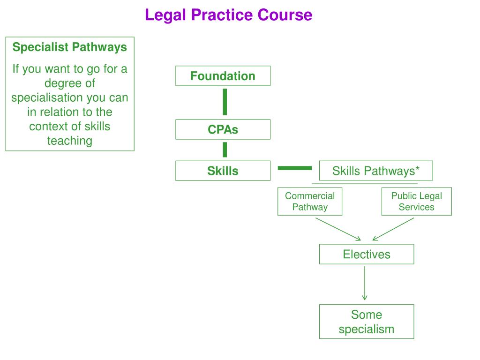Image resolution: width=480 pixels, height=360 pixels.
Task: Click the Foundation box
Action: pos(223,76)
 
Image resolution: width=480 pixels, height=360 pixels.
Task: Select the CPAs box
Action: pos(223,129)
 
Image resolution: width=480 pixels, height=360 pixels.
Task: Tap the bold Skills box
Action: pos(223,171)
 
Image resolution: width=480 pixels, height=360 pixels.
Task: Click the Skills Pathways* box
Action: pos(375,171)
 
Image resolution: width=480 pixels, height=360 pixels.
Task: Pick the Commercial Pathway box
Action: pos(310,202)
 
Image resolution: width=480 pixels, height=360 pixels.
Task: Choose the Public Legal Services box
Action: pos(416,202)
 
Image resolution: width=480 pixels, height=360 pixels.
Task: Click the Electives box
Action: pos(366,254)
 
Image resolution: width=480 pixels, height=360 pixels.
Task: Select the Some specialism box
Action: pos(366,322)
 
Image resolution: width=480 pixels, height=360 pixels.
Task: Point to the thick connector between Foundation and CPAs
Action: pos(225,102)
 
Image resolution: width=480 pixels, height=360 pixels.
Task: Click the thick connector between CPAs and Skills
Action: pos(225,150)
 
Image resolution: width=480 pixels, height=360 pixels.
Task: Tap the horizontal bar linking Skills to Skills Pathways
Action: pos(294,167)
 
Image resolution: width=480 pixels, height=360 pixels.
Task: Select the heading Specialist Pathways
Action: pos(69,47)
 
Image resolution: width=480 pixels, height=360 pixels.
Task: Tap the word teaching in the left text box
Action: pos(69,141)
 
